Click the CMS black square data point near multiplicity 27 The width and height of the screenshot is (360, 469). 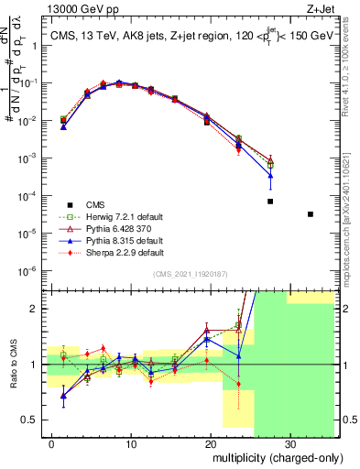pyautogui.click(x=270, y=202)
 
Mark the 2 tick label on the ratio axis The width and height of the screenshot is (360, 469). pyautogui.click(x=39, y=309)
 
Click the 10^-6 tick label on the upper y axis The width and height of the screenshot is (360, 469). pyautogui.click(x=33, y=271)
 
